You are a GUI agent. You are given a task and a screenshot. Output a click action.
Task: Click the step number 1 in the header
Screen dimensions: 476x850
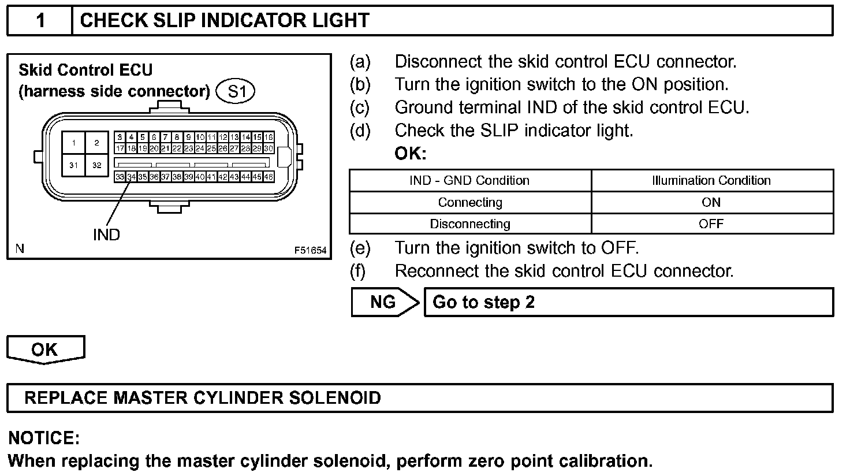40,21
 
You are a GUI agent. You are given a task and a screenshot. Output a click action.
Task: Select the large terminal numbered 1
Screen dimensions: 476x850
74,143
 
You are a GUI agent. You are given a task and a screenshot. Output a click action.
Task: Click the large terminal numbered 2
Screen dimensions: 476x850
96,143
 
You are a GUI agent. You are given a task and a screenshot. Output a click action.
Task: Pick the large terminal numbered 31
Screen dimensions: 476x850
74,165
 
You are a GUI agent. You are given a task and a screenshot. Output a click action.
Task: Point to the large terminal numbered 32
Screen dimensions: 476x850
96,165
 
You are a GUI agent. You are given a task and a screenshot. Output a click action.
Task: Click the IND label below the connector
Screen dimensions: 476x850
106,235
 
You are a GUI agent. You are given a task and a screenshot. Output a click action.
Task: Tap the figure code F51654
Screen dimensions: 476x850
310,251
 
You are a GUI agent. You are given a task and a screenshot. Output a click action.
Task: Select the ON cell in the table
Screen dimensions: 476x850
711,202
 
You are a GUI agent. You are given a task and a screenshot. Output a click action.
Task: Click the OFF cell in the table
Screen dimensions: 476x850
711,224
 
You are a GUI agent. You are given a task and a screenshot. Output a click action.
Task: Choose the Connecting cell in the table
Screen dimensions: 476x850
470,202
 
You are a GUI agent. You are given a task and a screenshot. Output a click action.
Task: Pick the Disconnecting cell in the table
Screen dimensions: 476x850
470,224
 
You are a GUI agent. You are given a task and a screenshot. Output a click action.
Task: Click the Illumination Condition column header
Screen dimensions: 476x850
711,180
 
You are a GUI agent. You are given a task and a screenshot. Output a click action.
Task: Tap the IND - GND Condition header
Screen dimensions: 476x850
470,180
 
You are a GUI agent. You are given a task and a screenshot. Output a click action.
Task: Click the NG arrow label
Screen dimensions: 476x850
383,302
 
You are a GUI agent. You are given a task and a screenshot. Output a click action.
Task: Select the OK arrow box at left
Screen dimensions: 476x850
45,349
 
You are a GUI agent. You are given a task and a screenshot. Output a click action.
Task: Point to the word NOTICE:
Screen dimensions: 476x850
44,438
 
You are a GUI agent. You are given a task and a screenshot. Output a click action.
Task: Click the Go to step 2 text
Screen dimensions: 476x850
483,302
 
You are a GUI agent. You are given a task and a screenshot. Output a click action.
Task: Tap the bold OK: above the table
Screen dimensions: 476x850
410,154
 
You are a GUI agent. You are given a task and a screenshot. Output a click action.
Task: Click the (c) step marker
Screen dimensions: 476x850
360,107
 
